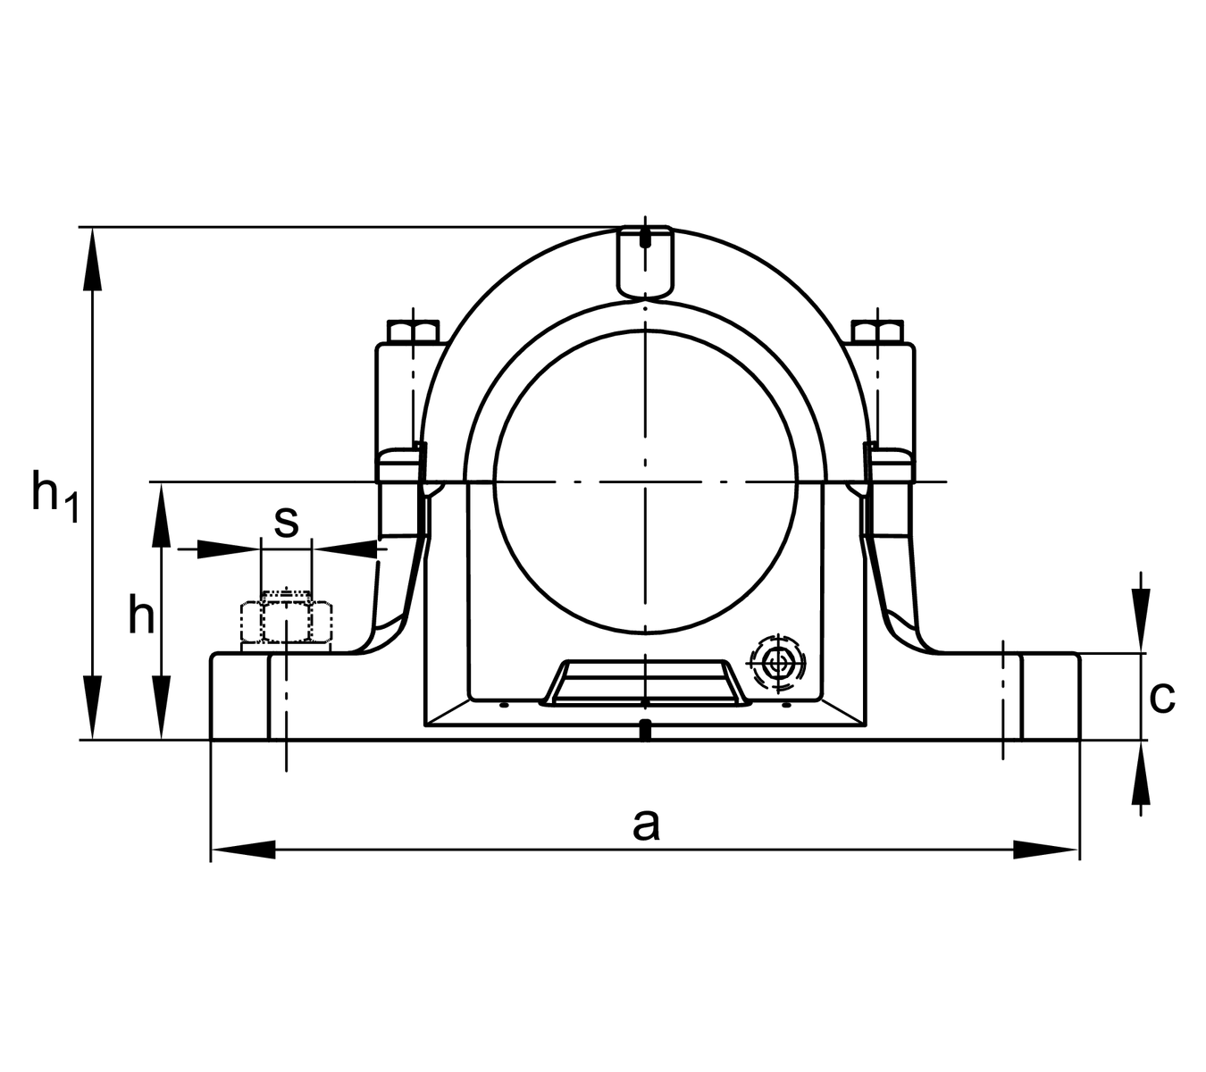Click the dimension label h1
54,497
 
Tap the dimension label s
286,523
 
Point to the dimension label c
1161,697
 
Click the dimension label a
646,825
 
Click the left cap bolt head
413,331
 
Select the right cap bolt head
877,331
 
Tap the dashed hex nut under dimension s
287,622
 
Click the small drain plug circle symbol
778,663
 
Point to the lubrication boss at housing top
646,261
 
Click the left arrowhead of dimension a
243,850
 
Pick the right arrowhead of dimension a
1046,850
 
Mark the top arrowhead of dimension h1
92,260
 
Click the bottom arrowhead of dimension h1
92,708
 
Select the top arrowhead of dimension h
162,515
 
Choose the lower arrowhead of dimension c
1141,773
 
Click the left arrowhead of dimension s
229,549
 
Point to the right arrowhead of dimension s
345,549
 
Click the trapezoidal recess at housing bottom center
645,683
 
